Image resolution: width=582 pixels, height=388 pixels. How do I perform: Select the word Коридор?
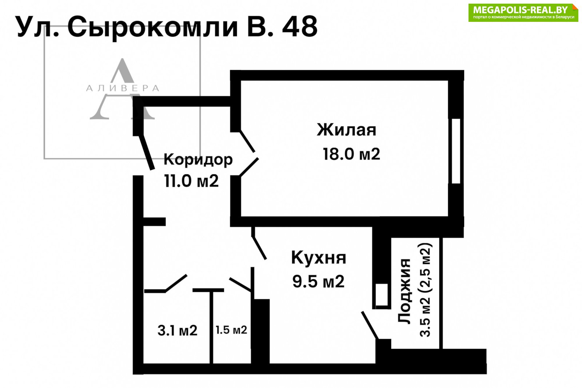198,160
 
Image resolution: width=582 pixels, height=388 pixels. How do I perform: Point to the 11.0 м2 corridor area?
191,181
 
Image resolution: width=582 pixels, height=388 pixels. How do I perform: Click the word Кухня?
319,257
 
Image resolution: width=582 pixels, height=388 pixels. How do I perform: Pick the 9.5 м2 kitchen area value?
318,281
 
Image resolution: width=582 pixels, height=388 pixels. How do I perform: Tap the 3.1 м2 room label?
178,330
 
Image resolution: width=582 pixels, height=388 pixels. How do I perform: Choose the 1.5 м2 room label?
231,330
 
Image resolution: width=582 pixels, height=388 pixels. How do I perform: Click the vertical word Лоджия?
404,291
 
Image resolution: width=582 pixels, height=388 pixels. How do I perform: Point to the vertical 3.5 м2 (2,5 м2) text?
426,290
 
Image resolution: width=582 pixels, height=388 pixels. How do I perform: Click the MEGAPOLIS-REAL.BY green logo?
523,12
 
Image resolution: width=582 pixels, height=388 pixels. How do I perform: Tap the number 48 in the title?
299,27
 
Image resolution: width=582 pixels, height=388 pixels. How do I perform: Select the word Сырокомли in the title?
153,27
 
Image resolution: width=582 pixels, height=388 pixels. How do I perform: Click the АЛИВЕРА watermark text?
123,88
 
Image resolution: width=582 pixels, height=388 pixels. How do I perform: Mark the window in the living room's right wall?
456,151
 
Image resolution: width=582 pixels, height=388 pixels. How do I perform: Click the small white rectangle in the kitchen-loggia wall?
382,294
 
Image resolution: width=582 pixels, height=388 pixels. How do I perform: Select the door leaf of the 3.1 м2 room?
176,283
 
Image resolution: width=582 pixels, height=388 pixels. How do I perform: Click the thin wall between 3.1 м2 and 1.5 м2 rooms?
211,328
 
